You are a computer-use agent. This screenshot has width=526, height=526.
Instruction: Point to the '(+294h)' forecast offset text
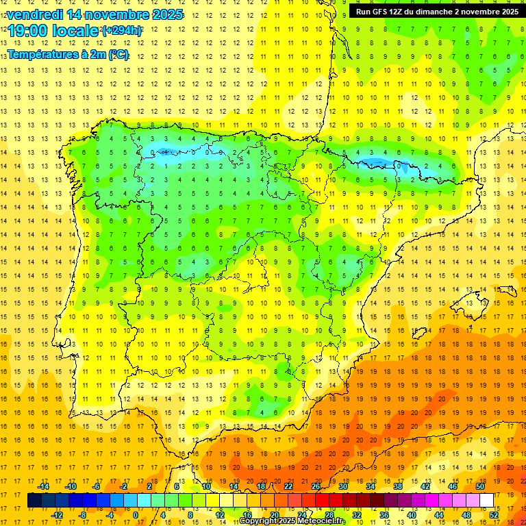point(122,31)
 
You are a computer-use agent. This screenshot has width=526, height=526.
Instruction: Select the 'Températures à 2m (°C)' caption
point(68,54)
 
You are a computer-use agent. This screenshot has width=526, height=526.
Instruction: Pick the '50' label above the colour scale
point(480,486)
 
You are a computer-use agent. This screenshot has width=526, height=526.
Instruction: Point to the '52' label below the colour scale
point(494,515)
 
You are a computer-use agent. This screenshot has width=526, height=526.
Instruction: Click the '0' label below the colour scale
point(136,515)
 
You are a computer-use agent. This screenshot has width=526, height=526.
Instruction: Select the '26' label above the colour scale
point(316,486)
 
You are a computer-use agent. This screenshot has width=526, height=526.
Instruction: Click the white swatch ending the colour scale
point(487,501)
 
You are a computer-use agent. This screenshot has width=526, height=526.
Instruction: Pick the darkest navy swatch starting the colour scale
point(34,501)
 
